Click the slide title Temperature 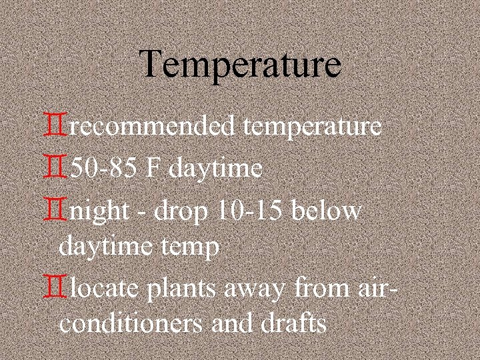tap(241, 65)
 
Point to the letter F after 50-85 tap(153, 169)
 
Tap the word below tap(329, 211)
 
